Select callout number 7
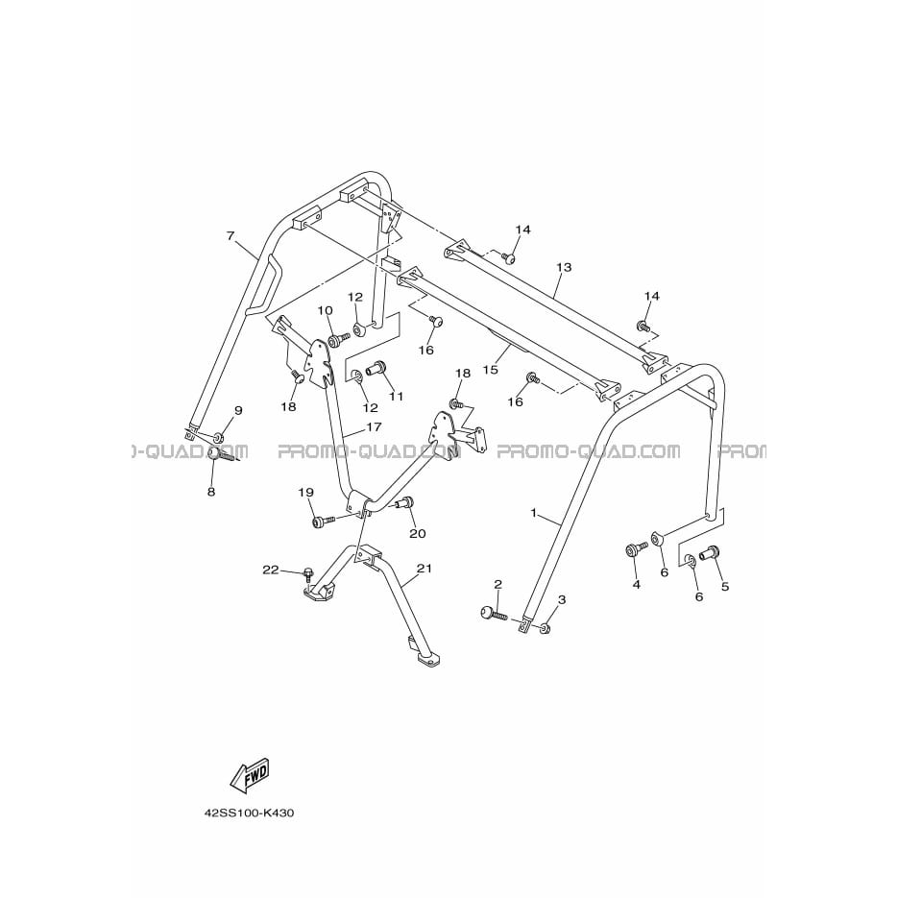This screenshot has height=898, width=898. pos(231,236)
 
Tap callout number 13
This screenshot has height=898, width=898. pos(564,267)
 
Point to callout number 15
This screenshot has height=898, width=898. pos(490,370)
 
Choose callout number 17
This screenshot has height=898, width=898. pos(374,426)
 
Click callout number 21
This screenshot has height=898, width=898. pos(425,569)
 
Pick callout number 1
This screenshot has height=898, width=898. pos(534,513)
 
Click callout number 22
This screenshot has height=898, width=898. pos(271,570)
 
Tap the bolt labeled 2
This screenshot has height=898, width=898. pos(494,613)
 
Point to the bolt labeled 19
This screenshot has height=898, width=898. pos(324,521)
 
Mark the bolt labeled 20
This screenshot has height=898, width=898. pos(405,503)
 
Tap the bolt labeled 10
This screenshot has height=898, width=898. pos(339,340)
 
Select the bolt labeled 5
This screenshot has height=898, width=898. pos(709,552)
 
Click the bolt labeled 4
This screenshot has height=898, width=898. pos(636,549)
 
